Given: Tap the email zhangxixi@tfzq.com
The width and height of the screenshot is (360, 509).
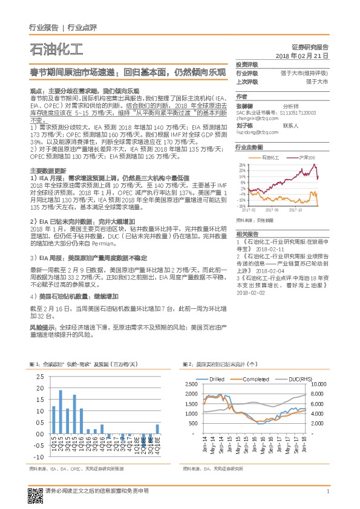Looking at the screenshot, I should (x=253, y=118).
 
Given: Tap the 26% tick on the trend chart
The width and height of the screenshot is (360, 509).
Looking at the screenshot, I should (x=242, y=164).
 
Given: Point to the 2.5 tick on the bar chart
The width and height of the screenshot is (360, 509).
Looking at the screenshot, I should (x=40, y=377).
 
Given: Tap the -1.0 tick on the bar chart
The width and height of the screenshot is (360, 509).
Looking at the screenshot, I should (x=39, y=456).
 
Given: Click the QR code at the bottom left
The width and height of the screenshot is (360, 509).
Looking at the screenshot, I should (x=34, y=494).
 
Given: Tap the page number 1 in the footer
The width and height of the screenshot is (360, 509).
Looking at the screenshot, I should (x=327, y=491).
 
